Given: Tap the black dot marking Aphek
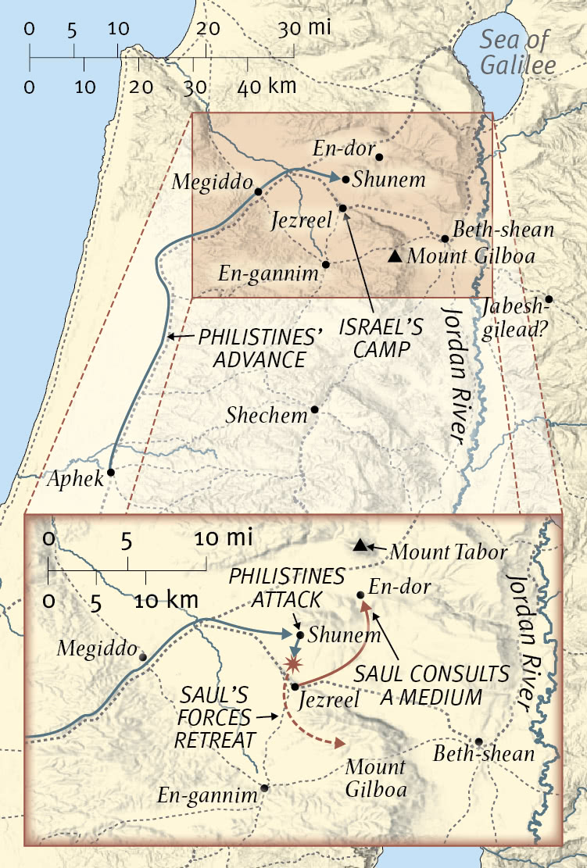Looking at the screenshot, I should [x=111, y=473].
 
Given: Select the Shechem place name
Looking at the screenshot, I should [x=267, y=415].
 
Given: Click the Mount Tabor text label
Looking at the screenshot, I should [x=448, y=552].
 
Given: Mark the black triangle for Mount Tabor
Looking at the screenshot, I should [x=360, y=545].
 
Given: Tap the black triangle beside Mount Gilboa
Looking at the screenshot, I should [x=396, y=255].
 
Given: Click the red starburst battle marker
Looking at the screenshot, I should [x=293, y=664].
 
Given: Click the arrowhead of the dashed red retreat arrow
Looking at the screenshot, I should [x=342, y=744].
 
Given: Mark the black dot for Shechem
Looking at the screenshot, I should [x=315, y=409].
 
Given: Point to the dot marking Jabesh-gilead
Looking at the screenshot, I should [x=549, y=299].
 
